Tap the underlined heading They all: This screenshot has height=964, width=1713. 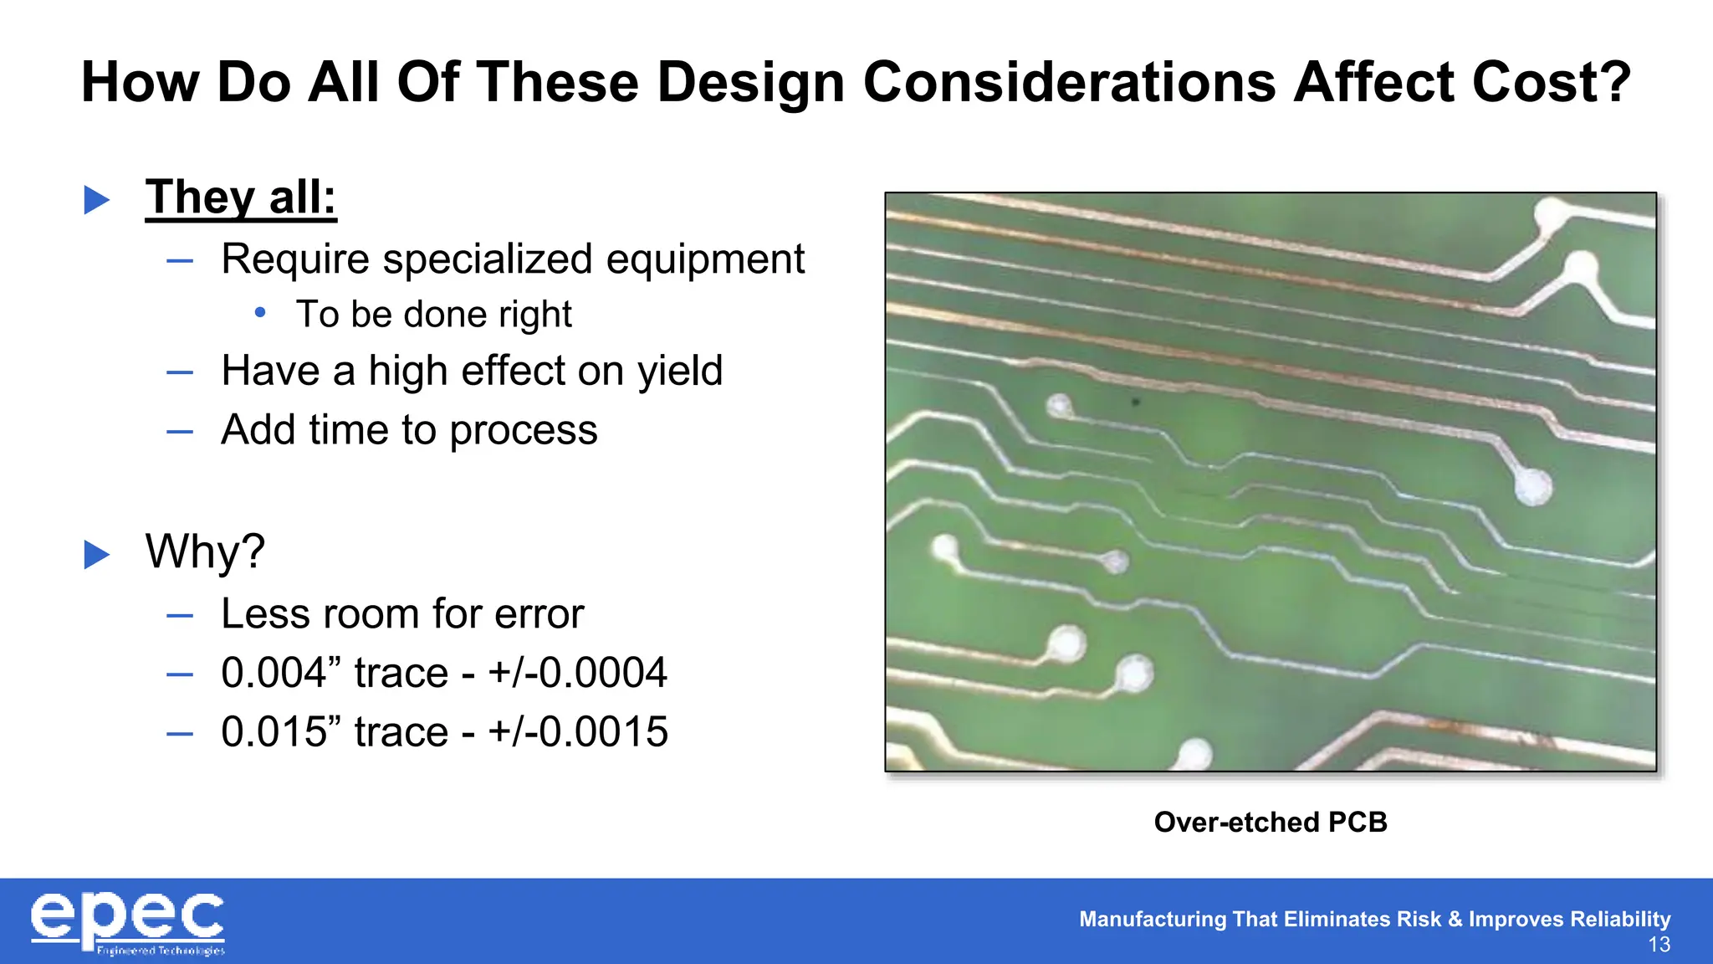[241, 198]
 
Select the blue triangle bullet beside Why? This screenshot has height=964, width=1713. [97, 554]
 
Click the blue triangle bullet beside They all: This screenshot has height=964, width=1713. [97, 199]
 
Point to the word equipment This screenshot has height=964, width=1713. [705, 259]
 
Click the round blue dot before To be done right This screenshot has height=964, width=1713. [260, 313]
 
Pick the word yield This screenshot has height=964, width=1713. [679, 371]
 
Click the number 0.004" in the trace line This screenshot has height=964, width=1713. [281, 673]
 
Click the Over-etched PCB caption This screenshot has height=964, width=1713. [1270, 822]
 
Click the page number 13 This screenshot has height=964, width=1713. [1659, 946]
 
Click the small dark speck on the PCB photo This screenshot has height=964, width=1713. [1136, 403]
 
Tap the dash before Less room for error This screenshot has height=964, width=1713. [180, 616]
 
